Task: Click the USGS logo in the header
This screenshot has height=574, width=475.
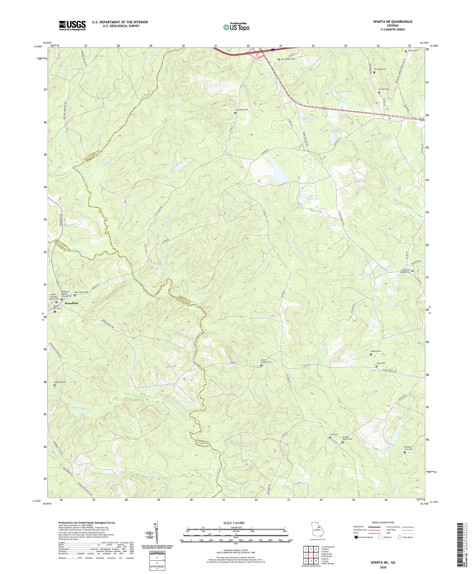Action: [x=72, y=25]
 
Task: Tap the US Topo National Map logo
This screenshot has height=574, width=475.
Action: [x=236, y=27]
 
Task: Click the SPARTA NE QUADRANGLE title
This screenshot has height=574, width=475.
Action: [x=389, y=22]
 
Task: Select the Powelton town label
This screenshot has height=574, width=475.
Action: [x=71, y=303]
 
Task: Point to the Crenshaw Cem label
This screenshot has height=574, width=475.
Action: [x=242, y=110]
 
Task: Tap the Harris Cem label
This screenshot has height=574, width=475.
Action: [x=413, y=51]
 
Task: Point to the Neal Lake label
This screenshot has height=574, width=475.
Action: [x=338, y=131]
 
